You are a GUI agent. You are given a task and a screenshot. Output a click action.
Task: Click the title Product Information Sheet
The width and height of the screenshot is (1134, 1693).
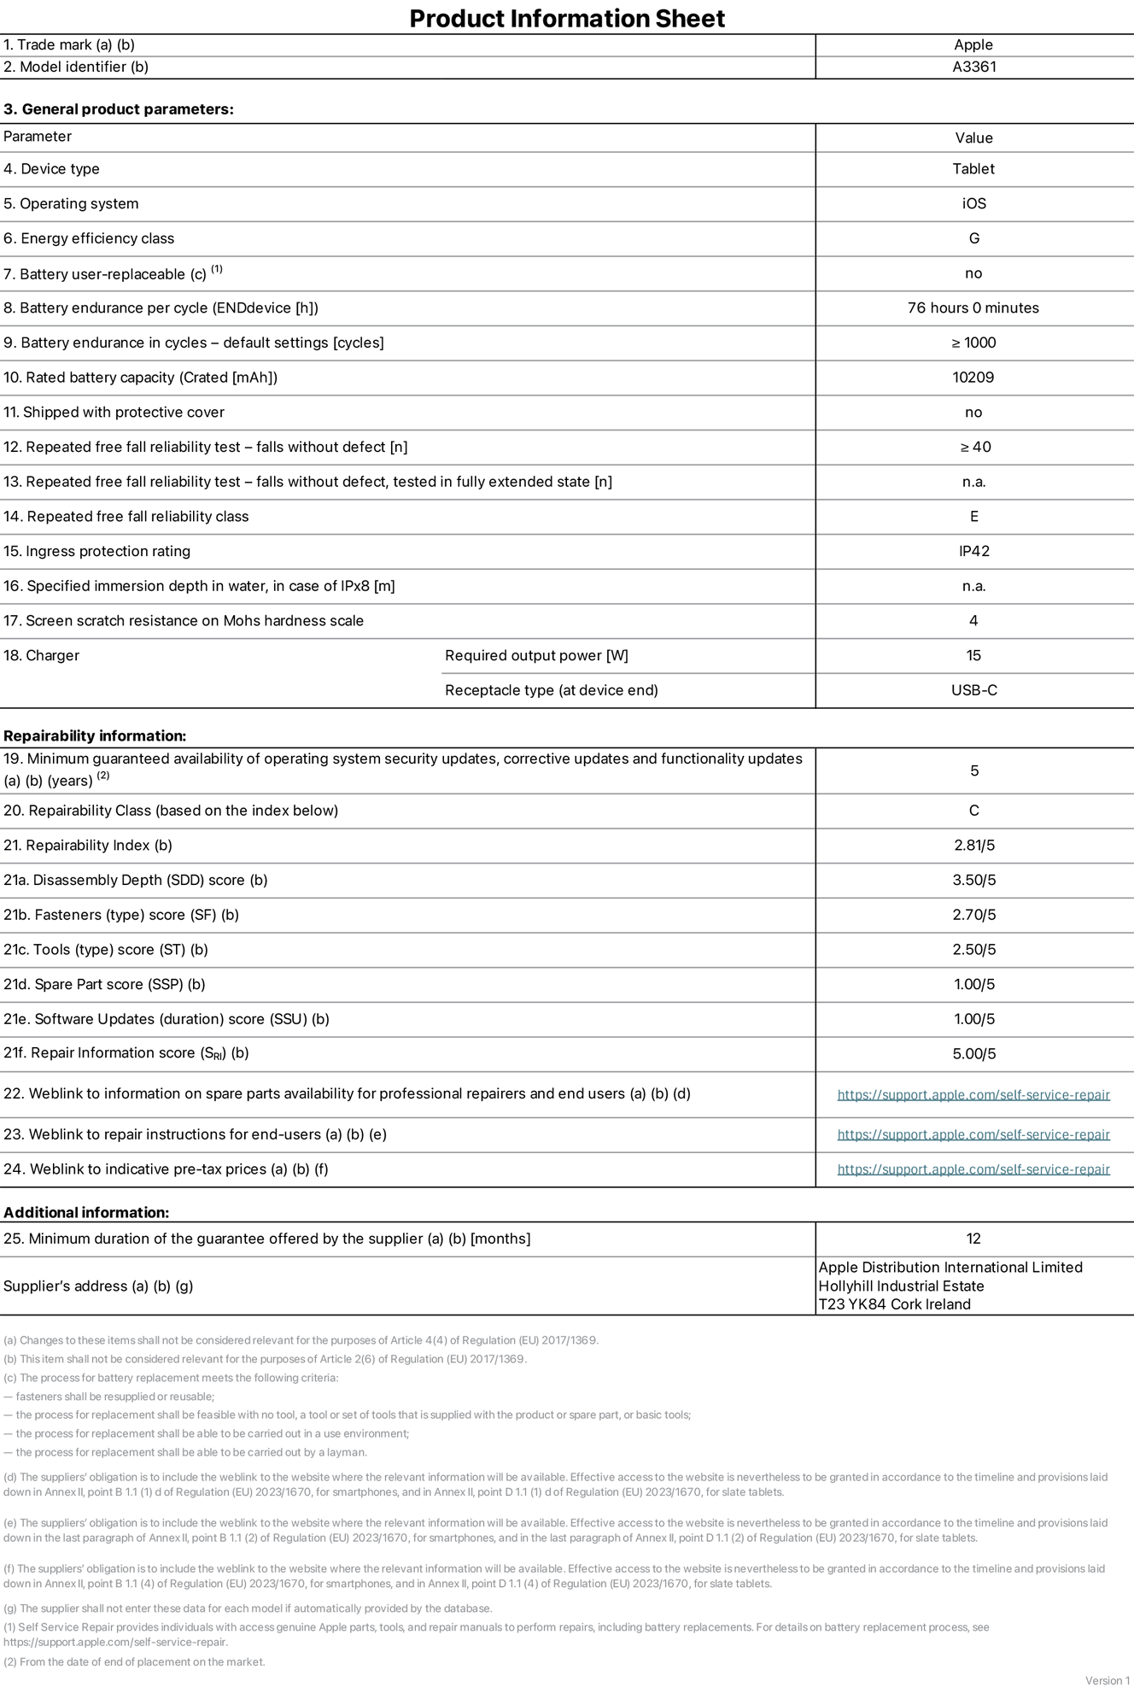(x=567, y=18)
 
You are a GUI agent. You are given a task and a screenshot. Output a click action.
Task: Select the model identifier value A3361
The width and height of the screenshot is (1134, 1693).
(x=973, y=67)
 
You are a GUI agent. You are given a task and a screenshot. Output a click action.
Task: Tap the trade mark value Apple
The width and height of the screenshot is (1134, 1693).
(x=973, y=44)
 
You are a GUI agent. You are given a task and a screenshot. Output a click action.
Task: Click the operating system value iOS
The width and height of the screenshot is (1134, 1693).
(x=973, y=203)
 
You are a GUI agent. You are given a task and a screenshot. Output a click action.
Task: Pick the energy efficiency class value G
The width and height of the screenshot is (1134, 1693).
(x=973, y=238)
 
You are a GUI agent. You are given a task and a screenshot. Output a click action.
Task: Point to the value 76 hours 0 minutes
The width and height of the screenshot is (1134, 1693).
(x=973, y=308)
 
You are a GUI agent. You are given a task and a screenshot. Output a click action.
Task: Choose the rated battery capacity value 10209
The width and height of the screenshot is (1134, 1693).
(x=973, y=377)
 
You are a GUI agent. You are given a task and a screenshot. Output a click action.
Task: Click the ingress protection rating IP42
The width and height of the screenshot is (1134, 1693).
(x=973, y=551)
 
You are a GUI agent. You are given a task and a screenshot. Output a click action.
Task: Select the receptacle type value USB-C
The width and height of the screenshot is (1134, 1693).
(x=973, y=690)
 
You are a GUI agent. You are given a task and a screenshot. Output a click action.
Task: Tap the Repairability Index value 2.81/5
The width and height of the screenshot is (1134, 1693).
(x=973, y=846)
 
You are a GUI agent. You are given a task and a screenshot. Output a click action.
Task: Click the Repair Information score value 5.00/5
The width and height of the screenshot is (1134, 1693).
(x=973, y=1054)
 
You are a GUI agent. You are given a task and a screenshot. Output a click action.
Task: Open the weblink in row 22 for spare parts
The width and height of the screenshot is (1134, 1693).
(x=973, y=1095)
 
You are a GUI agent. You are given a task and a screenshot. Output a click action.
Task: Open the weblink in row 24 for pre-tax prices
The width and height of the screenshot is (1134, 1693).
(x=973, y=1169)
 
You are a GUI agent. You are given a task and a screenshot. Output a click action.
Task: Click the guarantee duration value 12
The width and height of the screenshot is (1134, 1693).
(x=973, y=1239)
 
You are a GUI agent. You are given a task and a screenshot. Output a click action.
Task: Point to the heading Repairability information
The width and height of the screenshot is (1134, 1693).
(x=95, y=735)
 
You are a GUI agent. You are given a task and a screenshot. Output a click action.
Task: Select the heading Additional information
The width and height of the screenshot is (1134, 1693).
(x=86, y=1212)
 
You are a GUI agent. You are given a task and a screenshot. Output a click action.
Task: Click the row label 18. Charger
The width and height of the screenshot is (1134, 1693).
(x=41, y=655)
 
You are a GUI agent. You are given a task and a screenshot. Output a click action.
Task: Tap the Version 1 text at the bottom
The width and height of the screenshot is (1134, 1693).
(x=1107, y=1680)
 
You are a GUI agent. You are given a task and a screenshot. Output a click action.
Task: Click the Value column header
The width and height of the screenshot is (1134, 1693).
(x=973, y=138)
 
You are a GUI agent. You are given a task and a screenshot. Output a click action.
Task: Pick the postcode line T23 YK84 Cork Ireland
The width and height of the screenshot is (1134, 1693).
(x=894, y=1304)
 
